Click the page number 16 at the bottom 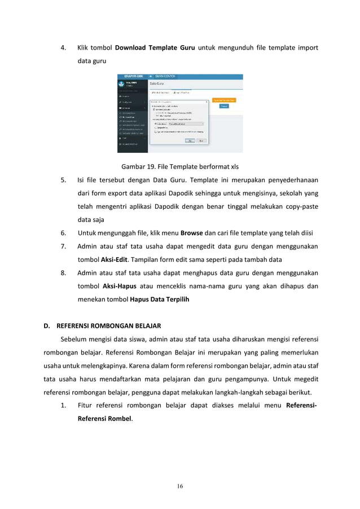[x=180, y=487]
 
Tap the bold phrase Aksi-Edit [x=114, y=260]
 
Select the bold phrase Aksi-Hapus [x=118, y=286]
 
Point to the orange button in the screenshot [x=224, y=100]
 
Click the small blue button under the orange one [x=224, y=107]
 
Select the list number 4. [x=63, y=47]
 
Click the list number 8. [x=63, y=273]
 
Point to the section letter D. [x=48, y=326]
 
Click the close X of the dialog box [x=207, y=102]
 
